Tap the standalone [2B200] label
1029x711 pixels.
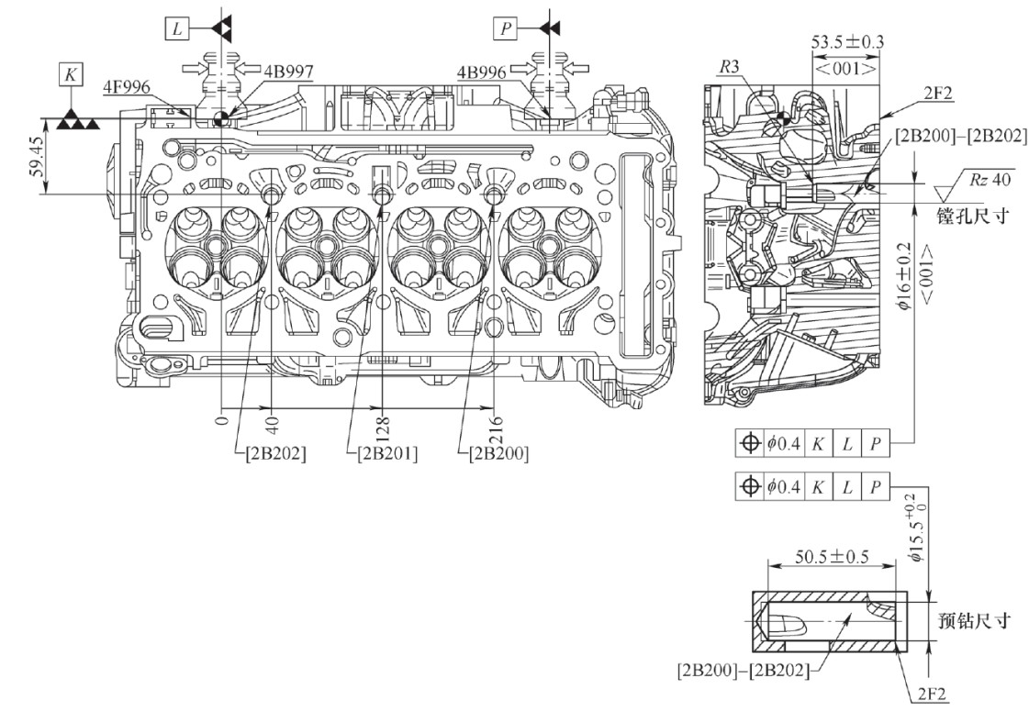coord(496,453)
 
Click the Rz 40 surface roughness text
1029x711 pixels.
coord(989,180)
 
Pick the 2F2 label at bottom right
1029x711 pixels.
coord(937,694)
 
